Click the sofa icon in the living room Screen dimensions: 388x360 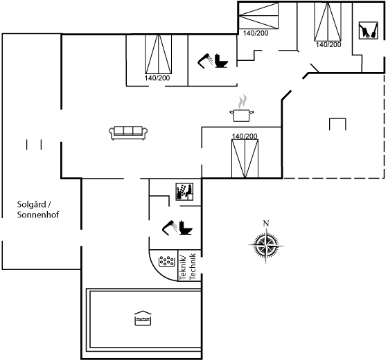click(x=128, y=133)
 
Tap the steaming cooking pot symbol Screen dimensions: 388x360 click(x=242, y=108)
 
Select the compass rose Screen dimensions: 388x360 click(x=266, y=245)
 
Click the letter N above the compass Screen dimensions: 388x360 click(x=266, y=223)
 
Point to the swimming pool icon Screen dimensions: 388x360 click(x=143, y=318)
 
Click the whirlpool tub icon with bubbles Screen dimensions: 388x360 click(x=166, y=261)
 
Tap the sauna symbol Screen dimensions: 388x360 click(x=184, y=192)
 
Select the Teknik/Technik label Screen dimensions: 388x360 click(x=188, y=267)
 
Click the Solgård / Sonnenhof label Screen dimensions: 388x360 click(x=38, y=209)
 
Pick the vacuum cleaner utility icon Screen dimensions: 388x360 click(x=369, y=30)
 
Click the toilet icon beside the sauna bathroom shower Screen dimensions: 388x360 click(x=186, y=227)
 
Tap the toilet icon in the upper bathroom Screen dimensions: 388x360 click(x=221, y=60)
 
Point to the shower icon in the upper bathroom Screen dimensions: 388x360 click(x=205, y=61)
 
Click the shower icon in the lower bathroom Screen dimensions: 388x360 click(x=170, y=228)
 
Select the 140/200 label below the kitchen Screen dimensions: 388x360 click(x=245, y=136)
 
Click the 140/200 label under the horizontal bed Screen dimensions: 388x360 click(x=256, y=33)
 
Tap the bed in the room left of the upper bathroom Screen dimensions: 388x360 click(x=158, y=54)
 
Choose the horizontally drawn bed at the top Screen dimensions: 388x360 click(x=258, y=15)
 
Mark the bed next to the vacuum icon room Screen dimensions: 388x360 click(x=328, y=21)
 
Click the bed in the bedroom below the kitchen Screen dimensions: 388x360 click(x=245, y=159)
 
